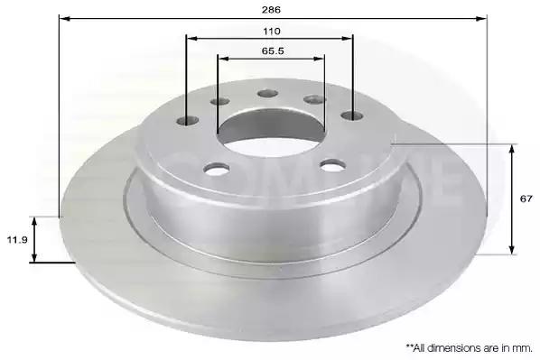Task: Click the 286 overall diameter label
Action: pyautogui.click(x=271, y=10)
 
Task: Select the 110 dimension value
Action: pyautogui.click(x=272, y=32)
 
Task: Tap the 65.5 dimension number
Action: pyautogui.click(x=273, y=51)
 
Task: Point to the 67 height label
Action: pyautogui.click(x=526, y=198)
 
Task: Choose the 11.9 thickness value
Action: pyautogui.click(x=17, y=239)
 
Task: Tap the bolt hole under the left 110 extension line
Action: pyautogui.click(x=188, y=121)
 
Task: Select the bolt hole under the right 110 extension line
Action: pyautogui.click(x=352, y=115)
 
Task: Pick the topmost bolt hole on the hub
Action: pyautogui.click(x=267, y=93)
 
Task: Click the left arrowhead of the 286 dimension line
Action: pyautogui.click(x=64, y=18)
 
